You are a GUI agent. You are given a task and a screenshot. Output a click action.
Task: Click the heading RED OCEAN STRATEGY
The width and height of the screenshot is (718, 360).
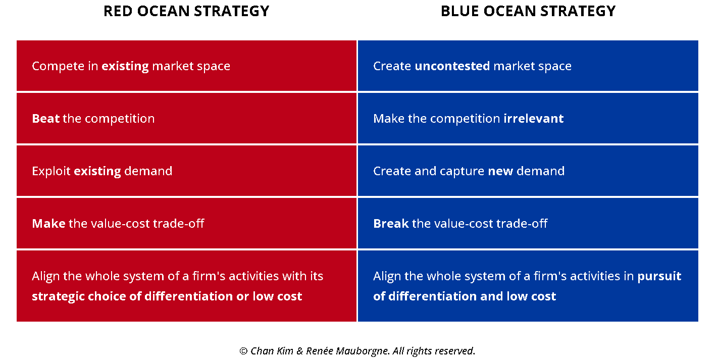(186, 11)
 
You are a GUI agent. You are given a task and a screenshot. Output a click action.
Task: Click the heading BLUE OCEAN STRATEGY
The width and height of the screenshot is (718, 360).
(528, 11)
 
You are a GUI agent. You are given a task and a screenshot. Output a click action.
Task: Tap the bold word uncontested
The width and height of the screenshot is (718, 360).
(452, 66)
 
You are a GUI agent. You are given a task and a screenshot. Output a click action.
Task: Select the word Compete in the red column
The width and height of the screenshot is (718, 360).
(59, 66)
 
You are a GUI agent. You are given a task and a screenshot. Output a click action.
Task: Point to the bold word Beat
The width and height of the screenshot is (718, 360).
(46, 118)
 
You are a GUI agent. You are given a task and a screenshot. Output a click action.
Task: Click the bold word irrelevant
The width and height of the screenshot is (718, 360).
(533, 118)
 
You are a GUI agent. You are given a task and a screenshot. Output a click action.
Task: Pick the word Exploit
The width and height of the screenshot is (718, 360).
(51, 171)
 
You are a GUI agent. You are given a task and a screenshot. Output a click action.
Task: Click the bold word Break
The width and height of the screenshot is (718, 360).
(391, 224)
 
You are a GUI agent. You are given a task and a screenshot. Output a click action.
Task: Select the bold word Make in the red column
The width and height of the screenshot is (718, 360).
(48, 224)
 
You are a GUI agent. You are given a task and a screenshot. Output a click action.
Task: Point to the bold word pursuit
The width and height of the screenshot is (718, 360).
(659, 276)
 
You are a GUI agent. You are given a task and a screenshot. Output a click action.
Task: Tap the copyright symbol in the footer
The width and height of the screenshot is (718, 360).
(243, 351)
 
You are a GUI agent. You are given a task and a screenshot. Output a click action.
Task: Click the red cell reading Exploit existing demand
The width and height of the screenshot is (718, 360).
(186, 171)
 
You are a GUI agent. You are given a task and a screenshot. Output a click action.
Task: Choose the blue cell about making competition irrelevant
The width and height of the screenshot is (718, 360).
(528, 118)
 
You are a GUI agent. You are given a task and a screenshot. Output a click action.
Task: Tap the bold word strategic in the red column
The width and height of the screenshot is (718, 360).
(58, 296)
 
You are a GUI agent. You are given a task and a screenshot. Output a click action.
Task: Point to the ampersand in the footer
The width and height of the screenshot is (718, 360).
(300, 351)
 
